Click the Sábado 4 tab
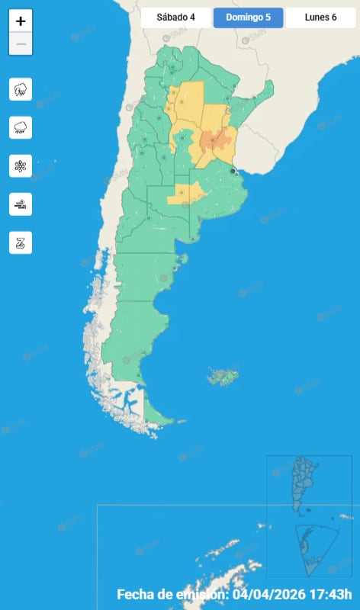[176, 18]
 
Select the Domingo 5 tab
[249, 18]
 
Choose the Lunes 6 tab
[320, 18]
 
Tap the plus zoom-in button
[21, 21]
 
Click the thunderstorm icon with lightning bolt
[21, 89]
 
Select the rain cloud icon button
[21, 127]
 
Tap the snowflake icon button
[21, 165]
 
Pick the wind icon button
[21, 204]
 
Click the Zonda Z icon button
[21, 242]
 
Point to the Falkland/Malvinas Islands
[223, 377]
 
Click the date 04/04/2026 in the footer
[268, 595]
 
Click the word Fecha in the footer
[136, 595]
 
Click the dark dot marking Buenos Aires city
[233, 171]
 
